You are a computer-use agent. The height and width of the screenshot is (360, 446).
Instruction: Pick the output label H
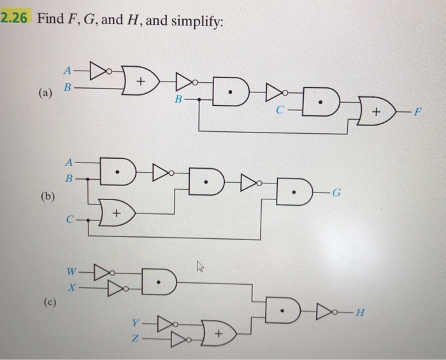[x=361, y=312]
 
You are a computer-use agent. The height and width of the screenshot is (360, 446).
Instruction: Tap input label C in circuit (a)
[x=278, y=110]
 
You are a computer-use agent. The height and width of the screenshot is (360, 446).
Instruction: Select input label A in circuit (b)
[x=69, y=161]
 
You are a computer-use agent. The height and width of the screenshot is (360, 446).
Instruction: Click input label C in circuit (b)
[x=69, y=220]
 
